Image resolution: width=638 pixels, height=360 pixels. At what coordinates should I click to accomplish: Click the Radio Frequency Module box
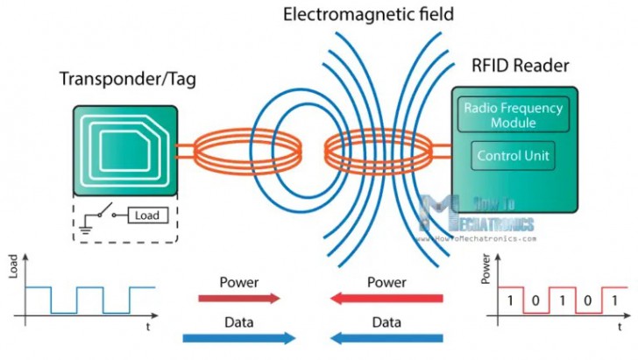(x=514, y=115)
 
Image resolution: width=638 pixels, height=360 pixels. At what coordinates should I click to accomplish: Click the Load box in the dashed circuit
(x=146, y=214)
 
